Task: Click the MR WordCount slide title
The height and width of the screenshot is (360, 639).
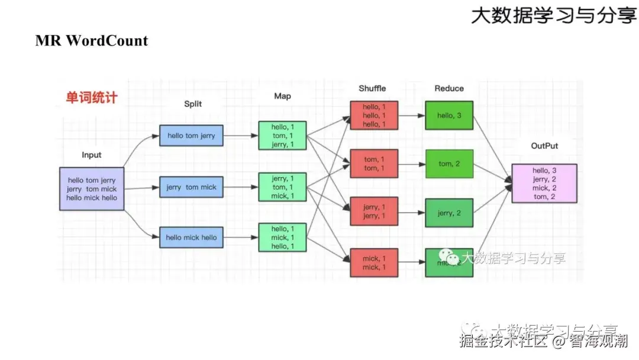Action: tap(92, 41)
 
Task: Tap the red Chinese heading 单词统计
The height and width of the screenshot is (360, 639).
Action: tap(91, 98)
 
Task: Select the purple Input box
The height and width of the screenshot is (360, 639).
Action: tap(92, 188)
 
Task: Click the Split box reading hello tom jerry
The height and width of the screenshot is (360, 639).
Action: tap(191, 136)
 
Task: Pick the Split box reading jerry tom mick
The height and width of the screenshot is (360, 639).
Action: tap(191, 187)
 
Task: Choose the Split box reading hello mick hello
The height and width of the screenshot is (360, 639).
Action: tap(191, 237)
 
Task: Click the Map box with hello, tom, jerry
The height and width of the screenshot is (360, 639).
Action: tap(282, 136)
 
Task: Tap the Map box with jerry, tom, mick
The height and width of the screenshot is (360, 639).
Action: tap(282, 187)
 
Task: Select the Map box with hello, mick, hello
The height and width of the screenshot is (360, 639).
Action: tap(282, 237)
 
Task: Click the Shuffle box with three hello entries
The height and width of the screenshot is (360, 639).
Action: tap(373, 115)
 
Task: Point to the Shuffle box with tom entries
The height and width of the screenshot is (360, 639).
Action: tap(373, 163)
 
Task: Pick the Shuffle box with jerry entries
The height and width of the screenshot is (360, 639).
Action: tap(373, 212)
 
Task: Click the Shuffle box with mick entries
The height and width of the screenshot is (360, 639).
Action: tap(373, 262)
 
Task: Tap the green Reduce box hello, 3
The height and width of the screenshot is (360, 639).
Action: tap(449, 115)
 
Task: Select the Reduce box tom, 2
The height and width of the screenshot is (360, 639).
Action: tap(449, 164)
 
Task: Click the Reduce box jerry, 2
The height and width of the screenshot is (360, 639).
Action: tap(449, 213)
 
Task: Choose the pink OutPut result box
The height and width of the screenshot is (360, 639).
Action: tap(544, 184)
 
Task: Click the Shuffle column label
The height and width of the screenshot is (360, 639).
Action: tap(372, 88)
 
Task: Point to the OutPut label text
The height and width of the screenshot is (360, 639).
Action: tap(544, 146)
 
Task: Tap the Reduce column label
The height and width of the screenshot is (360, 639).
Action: tap(449, 88)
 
